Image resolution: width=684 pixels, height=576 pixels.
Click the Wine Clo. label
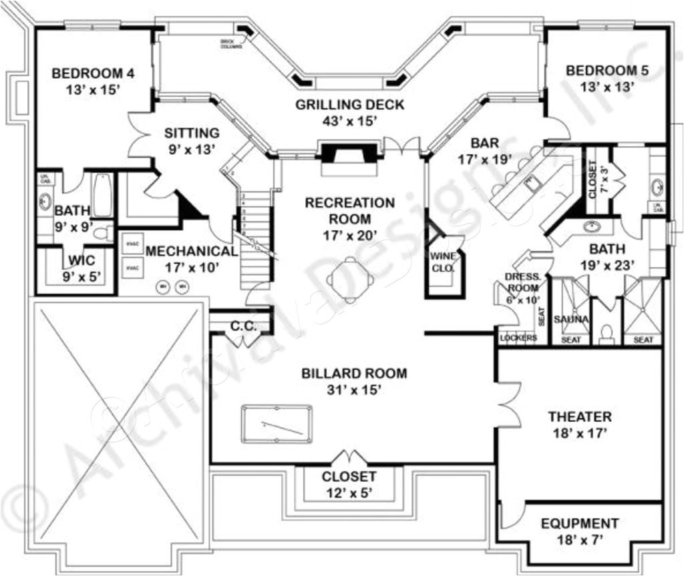coord(443,262)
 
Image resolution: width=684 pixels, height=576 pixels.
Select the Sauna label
coord(571,320)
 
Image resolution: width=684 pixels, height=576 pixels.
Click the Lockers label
coord(519,338)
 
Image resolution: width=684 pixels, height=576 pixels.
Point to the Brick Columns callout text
coord(231,44)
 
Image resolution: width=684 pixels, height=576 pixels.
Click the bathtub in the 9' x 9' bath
coord(102,195)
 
